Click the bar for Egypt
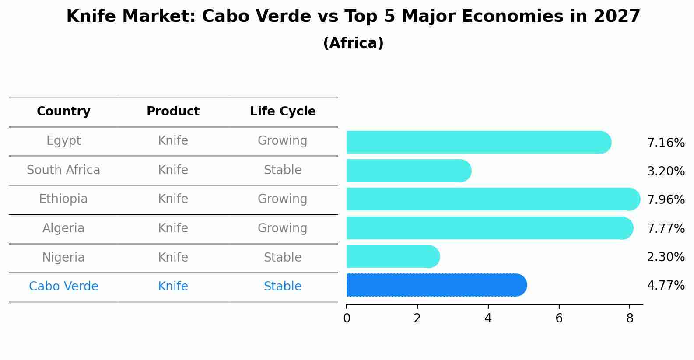click(478, 142)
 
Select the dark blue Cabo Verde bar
click(436, 285)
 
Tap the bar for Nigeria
click(393, 256)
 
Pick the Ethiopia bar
click(493, 199)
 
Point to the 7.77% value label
click(666, 228)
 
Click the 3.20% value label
click(666, 171)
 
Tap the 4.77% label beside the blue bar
click(666, 286)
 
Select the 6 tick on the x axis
click(559, 318)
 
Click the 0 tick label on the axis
click(347, 318)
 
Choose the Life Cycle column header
click(283, 112)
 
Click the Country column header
click(63, 112)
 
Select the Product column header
click(173, 112)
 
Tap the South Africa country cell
click(63, 170)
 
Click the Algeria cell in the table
click(63, 228)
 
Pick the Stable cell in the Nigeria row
click(283, 257)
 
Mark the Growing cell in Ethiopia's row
click(283, 199)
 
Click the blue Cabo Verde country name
click(63, 286)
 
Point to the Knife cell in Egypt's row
click(173, 140)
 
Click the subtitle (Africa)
click(353, 43)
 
